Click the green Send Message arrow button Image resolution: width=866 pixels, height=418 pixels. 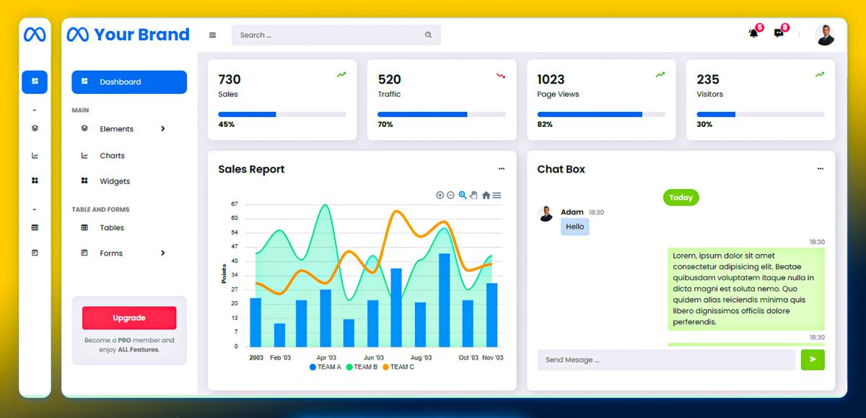[x=813, y=360]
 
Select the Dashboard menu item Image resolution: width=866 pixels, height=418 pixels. [x=129, y=82]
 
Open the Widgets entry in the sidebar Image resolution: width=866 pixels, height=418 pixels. [x=114, y=181]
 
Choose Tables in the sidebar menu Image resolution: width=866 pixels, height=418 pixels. [x=111, y=227]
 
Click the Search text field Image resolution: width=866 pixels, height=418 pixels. [x=328, y=35]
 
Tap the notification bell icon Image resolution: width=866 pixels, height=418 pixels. [x=753, y=33]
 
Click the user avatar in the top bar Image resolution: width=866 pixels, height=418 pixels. [x=825, y=35]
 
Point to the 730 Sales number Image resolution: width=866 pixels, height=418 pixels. [x=229, y=79]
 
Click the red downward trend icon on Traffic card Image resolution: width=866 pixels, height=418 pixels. [x=501, y=75]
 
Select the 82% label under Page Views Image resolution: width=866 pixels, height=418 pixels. [x=545, y=124]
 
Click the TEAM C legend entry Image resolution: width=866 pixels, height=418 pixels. [x=398, y=367]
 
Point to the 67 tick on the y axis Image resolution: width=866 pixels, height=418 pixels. [x=235, y=204]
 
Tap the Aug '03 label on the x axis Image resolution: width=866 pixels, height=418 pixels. [x=421, y=358]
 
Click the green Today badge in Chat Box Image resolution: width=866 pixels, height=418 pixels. [x=681, y=197]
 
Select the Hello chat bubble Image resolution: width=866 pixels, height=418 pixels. [x=575, y=227]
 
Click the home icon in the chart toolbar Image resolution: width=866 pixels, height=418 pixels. [x=486, y=195]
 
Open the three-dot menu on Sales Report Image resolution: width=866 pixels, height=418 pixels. [x=502, y=169]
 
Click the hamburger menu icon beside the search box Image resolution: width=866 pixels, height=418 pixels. [x=213, y=35]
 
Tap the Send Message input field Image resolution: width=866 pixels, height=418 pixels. [x=665, y=360]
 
